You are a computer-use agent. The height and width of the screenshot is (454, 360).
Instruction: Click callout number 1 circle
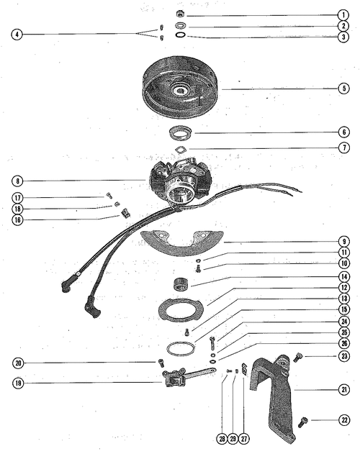coord(343,15)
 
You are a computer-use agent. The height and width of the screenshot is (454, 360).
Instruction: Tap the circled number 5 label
coord(344,88)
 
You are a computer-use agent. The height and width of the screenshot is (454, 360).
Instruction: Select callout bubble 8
coord(18,181)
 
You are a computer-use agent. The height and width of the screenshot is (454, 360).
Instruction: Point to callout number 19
coord(18,383)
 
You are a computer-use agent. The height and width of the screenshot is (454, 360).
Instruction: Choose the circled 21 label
coord(344,389)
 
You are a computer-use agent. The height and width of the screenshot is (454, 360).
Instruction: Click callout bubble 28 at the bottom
coord(222,439)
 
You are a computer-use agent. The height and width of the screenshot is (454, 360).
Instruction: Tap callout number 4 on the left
coord(17,34)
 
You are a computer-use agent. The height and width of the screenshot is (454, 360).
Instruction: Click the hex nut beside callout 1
coord(180,14)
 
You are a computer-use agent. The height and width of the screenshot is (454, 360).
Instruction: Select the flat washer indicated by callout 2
coord(181,26)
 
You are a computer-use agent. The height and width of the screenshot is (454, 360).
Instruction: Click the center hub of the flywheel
coord(180,91)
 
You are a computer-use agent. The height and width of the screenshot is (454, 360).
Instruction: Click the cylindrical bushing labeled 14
coord(180,283)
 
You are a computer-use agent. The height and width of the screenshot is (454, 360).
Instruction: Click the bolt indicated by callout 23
coord(297,358)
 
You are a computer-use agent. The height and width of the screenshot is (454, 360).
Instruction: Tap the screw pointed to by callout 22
coord(302,422)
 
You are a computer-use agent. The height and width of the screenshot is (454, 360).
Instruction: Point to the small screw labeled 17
coord(109,196)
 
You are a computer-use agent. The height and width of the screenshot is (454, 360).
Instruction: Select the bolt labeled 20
coord(161,362)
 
